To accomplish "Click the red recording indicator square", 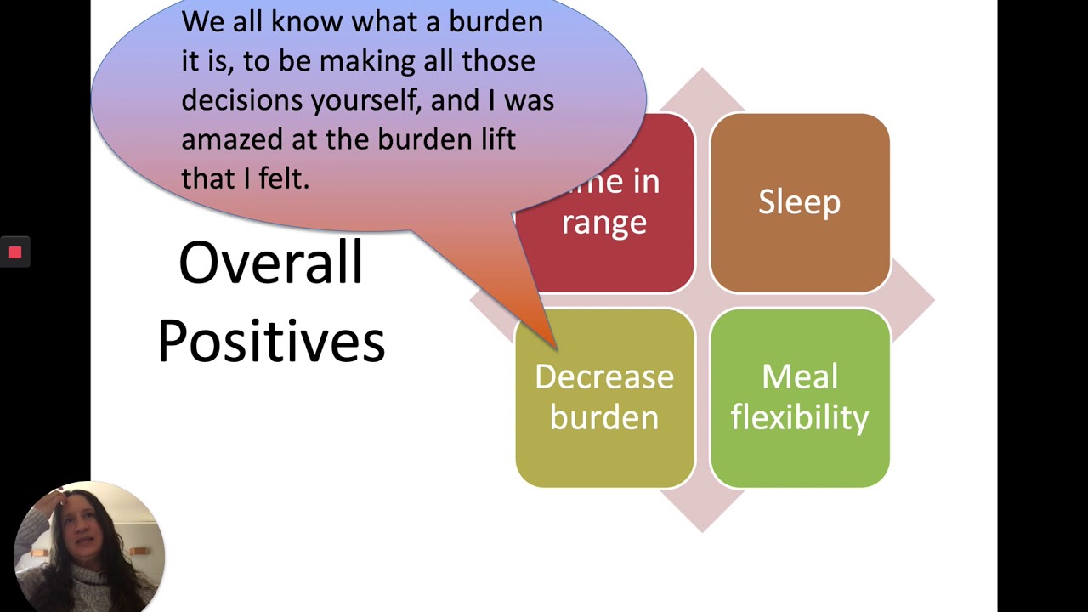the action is tap(15, 252).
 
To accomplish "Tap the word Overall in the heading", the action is tap(270, 263).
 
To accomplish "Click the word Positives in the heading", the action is tap(271, 342).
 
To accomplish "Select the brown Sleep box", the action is tap(799, 202).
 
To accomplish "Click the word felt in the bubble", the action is tap(284, 178).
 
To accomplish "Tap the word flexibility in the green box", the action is tap(799, 417).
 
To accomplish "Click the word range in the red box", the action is tap(604, 222).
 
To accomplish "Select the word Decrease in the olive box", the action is tap(604, 377).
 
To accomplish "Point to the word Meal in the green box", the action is tap(799, 377).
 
